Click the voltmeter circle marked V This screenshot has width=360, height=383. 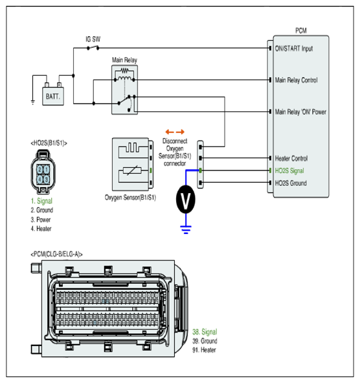185,200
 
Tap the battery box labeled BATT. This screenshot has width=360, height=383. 53,96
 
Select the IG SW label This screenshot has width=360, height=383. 93,39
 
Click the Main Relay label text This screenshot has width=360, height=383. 124,60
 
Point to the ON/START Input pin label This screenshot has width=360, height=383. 294,49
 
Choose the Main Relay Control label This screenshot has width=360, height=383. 297,80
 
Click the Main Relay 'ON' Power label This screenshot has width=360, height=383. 300,112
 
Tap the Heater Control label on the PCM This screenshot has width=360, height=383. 291,158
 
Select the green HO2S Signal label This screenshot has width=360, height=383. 289,170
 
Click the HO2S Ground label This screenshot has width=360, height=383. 291,183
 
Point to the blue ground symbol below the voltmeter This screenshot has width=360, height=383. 186,229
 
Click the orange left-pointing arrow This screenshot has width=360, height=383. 170,132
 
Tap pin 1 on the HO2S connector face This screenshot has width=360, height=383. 46,169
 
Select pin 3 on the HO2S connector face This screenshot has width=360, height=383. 46,180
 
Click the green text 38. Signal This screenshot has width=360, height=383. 205,332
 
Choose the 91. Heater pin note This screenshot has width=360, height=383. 204,350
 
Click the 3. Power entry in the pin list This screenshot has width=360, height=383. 41,220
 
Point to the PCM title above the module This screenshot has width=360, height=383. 301,30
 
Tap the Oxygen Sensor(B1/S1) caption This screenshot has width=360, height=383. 130,198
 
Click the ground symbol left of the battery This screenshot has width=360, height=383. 33,102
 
